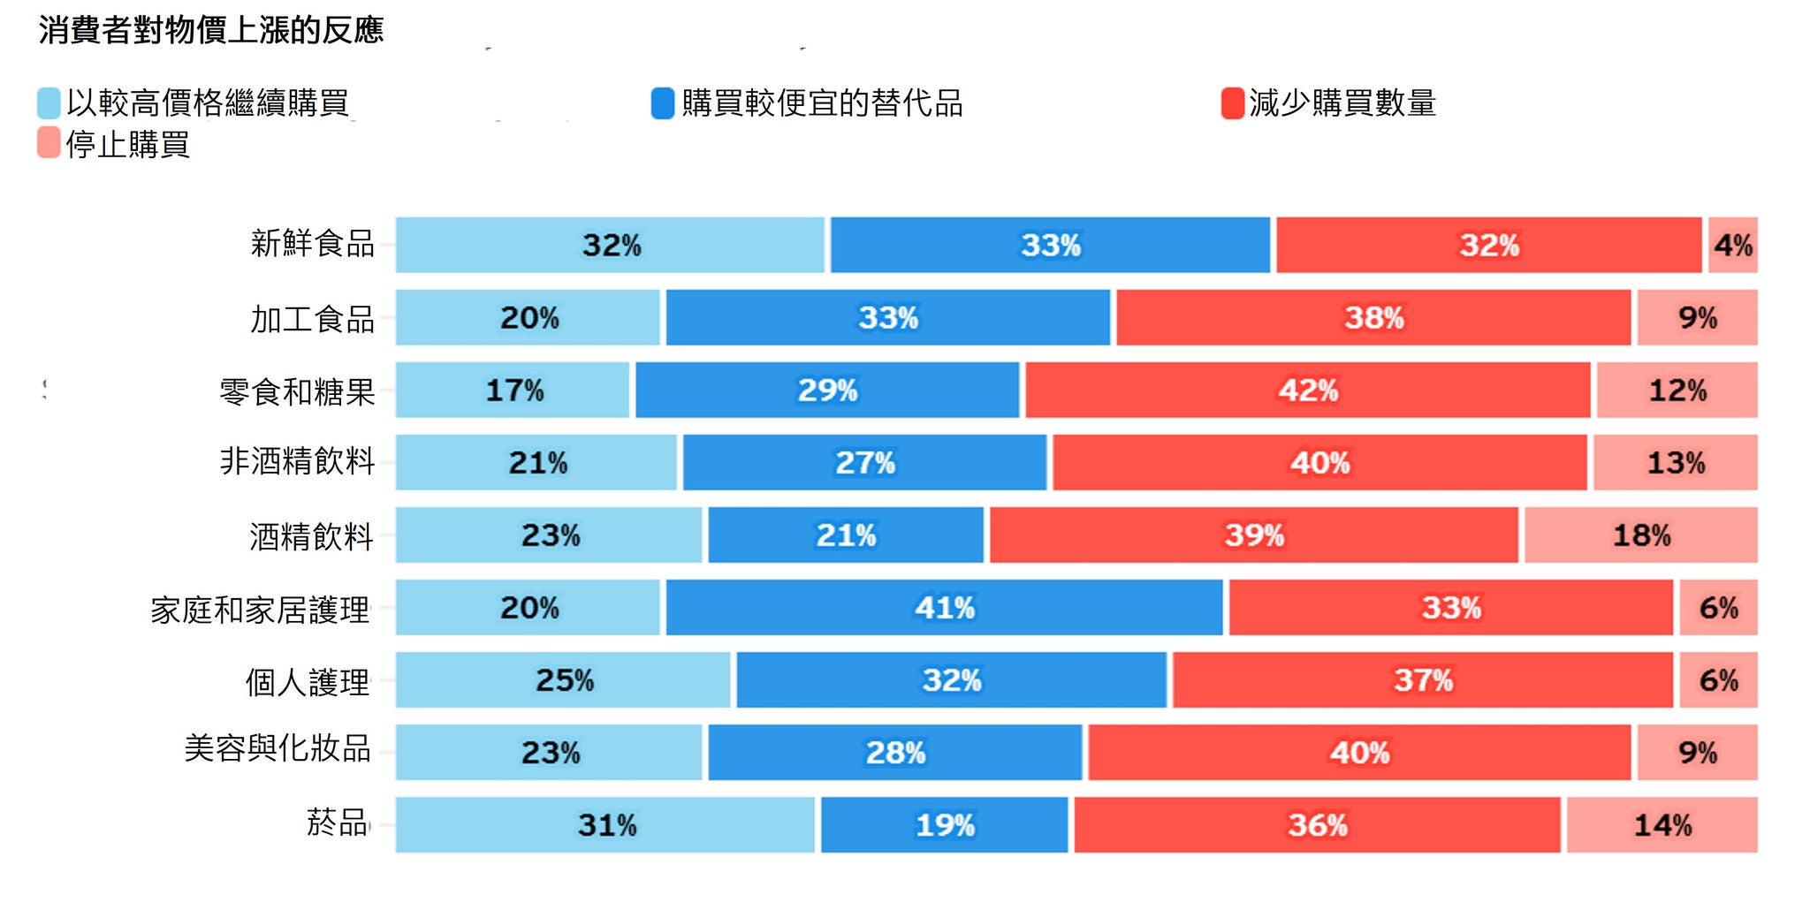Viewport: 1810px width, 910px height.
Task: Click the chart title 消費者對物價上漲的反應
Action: tap(210, 31)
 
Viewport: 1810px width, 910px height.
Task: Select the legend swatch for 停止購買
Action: tap(49, 143)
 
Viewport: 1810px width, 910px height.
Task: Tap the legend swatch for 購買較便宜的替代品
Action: tap(663, 102)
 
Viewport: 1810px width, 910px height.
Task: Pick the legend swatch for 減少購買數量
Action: tap(1232, 102)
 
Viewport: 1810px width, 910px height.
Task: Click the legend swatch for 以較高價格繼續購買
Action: tap(49, 102)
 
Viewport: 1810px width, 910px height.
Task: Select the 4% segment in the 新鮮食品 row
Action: tap(1732, 245)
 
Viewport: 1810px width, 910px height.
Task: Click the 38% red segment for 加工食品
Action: tap(1373, 317)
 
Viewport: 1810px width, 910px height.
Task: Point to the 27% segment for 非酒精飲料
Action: tap(864, 462)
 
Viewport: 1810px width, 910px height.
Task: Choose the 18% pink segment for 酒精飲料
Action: tap(1640, 535)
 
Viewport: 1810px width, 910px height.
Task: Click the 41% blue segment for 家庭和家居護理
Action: tap(944, 607)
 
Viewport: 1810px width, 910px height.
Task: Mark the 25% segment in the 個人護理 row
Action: tap(564, 679)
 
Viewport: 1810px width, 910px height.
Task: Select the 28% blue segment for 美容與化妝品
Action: tap(894, 752)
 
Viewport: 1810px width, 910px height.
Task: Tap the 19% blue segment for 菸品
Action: tap(944, 824)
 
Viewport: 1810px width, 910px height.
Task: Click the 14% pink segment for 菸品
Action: tap(1662, 824)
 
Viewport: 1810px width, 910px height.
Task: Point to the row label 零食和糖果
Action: tap(297, 391)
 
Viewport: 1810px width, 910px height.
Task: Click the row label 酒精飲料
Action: tap(311, 536)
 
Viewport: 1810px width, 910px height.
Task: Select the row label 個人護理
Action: tap(307, 681)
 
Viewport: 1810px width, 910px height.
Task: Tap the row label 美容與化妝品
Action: tap(278, 748)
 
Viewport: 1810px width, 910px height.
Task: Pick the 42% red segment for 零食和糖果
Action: tap(1308, 390)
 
